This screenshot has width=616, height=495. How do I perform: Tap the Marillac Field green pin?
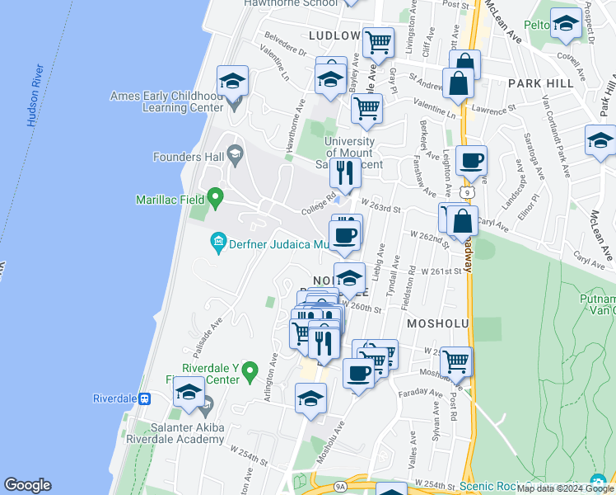(215, 198)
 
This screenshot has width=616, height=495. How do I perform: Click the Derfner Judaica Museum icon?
(219, 241)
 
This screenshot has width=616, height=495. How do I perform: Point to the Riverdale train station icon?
(145, 398)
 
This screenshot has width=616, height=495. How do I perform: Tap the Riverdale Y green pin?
(252, 368)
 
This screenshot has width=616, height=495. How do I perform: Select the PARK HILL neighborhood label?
(539, 83)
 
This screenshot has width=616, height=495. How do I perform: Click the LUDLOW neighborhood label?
(334, 35)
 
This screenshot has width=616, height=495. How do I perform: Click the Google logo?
(27, 485)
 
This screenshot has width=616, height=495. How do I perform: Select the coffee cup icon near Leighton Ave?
(471, 161)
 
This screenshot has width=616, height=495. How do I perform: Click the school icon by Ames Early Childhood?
(233, 82)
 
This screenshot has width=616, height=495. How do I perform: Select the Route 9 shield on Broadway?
(467, 192)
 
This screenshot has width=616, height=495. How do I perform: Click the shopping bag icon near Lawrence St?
(457, 84)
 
